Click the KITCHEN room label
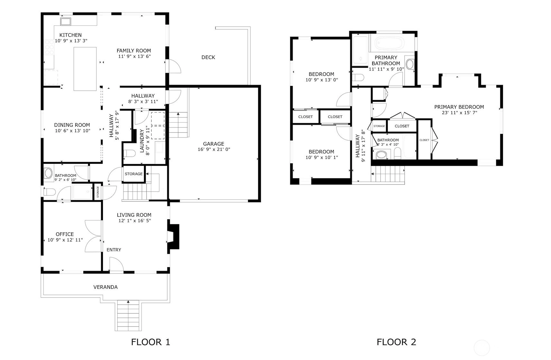[x=70, y=35]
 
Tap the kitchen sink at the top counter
[x=66, y=22]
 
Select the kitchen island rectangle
[x=85, y=69]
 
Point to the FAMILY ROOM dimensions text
[x=134, y=56]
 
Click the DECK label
[x=208, y=57]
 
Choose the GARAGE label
[x=214, y=144]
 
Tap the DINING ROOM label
[x=72, y=125]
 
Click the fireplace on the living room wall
[x=173, y=236]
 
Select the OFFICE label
[x=65, y=234]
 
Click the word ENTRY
[x=114, y=250]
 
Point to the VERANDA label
[x=106, y=287]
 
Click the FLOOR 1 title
[x=151, y=342]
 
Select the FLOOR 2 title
[x=396, y=342]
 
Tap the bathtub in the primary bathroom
[x=390, y=43]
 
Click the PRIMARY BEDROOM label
[x=459, y=107]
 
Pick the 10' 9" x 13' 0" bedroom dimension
[x=322, y=80]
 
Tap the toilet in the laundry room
[x=129, y=153]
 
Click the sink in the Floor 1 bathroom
[x=48, y=173]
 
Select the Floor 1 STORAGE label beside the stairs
[x=133, y=174]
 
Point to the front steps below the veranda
[x=128, y=316]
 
